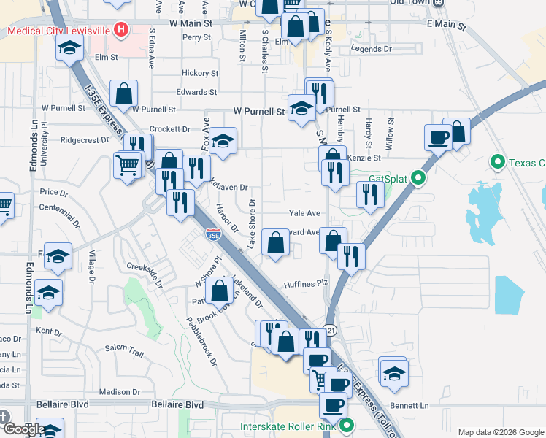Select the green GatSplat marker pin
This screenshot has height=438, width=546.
pyautogui.click(x=418, y=177)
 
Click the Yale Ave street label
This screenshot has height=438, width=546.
pyautogui.click(x=304, y=213)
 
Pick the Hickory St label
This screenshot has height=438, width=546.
pyautogui.click(x=200, y=73)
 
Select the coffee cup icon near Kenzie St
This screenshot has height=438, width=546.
pyautogui.click(x=439, y=136)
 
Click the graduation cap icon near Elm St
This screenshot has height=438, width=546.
pyautogui.click(x=70, y=48)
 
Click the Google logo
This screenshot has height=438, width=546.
pyautogui.click(x=24, y=429)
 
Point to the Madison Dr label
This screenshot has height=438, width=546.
pyautogui.click(x=115, y=391)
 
